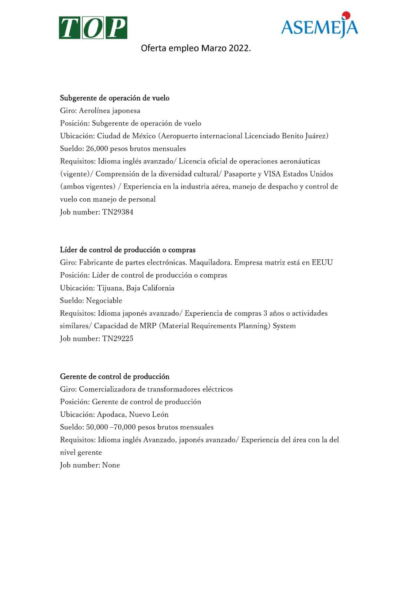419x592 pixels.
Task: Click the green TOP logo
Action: click(x=93, y=28)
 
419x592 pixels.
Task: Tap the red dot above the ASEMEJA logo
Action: click(x=346, y=15)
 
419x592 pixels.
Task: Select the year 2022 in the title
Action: click(x=239, y=48)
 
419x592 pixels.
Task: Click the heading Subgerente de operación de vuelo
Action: click(x=114, y=98)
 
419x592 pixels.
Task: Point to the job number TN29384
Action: click(x=117, y=212)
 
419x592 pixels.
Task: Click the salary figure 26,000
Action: click(x=97, y=149)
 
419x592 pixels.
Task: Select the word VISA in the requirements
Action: click(x=272, y=174)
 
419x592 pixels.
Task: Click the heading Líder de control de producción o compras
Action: click(x=127, y=250)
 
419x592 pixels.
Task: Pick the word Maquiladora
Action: click(x=210, y=263)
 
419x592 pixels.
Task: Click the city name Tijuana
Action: click(x=110, y=288)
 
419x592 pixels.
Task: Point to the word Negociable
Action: click(x=104, y=300)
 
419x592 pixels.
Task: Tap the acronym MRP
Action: click(x=148, y=326)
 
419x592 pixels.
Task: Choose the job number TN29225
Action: click(x=117, y=339)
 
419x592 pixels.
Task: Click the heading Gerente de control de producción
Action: click(x=114, y=377)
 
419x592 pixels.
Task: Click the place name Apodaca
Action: click(x=111, y=414)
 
